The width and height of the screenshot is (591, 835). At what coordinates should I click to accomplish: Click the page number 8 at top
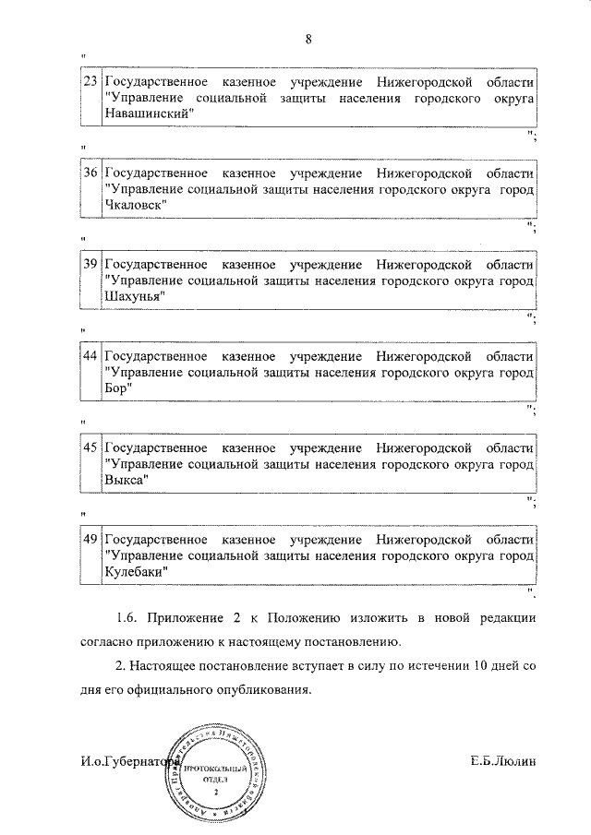[x=309, y=38]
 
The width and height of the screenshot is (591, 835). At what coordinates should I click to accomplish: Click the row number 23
[x=90, y=81]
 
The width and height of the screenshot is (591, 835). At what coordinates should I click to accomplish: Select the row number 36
[x=90, y=173]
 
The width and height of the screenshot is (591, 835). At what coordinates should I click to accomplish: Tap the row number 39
[x=90, y=264]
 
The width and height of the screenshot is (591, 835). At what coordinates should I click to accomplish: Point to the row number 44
[x=90, y=355]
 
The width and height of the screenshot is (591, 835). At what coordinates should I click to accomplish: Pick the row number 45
[x=90, y=447]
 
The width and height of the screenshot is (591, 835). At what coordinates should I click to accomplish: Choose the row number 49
[x=90, y=538]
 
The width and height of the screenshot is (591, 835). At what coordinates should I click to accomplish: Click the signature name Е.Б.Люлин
[x=502, y=761]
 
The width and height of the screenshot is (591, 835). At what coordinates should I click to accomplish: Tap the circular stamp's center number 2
[x=215, y=792]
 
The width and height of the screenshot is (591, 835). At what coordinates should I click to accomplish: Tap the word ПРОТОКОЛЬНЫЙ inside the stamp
[x=215, y=768]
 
